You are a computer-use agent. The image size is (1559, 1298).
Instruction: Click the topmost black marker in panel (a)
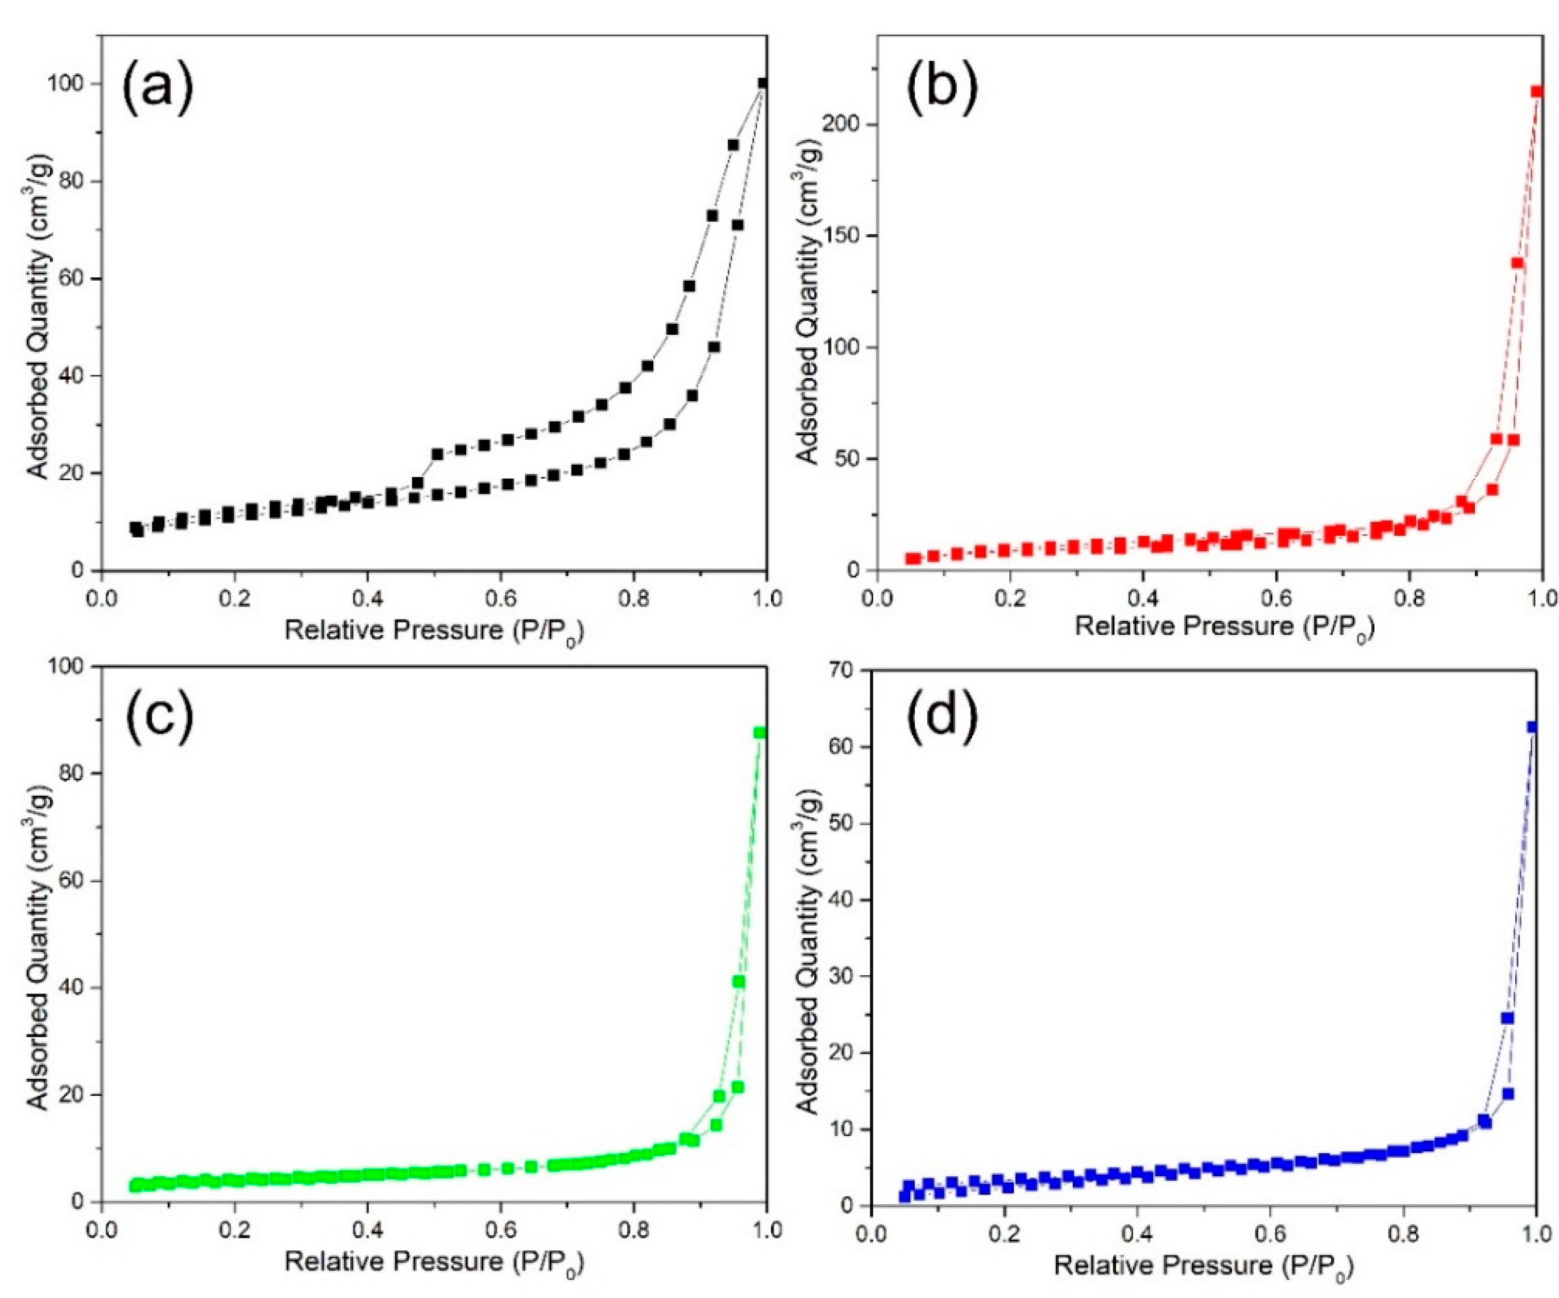[762, 83]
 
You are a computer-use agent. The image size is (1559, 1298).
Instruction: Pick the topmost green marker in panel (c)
[760, 733]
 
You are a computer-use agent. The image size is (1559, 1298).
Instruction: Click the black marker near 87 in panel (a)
[733, 145]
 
